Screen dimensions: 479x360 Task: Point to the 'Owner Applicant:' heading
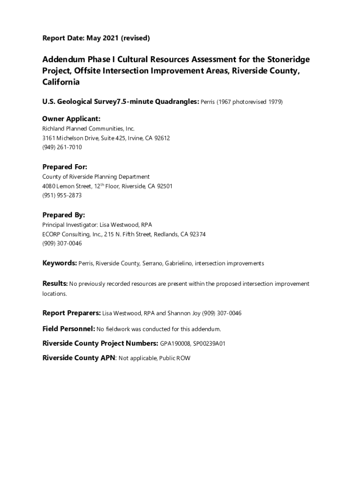(x=72, y=119)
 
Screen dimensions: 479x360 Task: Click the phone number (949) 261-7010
(x=62, y=147)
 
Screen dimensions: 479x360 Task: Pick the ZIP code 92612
(x=161, y=138)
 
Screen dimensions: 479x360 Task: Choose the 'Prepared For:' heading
(x=65, y=167)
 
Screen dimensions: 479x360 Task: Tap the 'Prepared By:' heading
(x=64, y=215)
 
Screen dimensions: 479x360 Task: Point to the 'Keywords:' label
(x=59, y=263)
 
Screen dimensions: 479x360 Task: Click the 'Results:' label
(x=55, y=283)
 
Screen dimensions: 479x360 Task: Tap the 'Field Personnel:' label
(x=68, y=329)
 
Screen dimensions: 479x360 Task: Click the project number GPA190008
(x=175, y=344)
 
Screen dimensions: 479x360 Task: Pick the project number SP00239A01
(x=209, y=344)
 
